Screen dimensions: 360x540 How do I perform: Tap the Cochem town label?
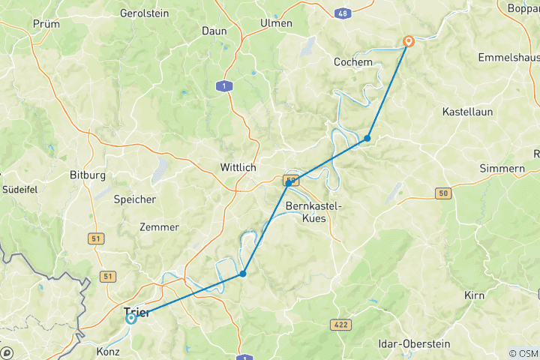353,62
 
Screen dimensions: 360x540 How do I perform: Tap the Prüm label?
46,24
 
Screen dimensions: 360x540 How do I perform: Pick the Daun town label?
214,31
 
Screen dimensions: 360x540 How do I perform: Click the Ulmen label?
276,23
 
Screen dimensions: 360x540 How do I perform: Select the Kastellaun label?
466,111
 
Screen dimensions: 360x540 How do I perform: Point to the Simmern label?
502,169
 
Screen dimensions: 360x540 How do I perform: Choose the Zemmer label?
159,227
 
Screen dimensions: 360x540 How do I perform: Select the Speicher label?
135,199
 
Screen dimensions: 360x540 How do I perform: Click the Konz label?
108,351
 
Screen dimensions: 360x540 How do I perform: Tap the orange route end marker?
409,42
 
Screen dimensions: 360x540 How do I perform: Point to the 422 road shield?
339,324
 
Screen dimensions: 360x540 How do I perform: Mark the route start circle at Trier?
131,319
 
